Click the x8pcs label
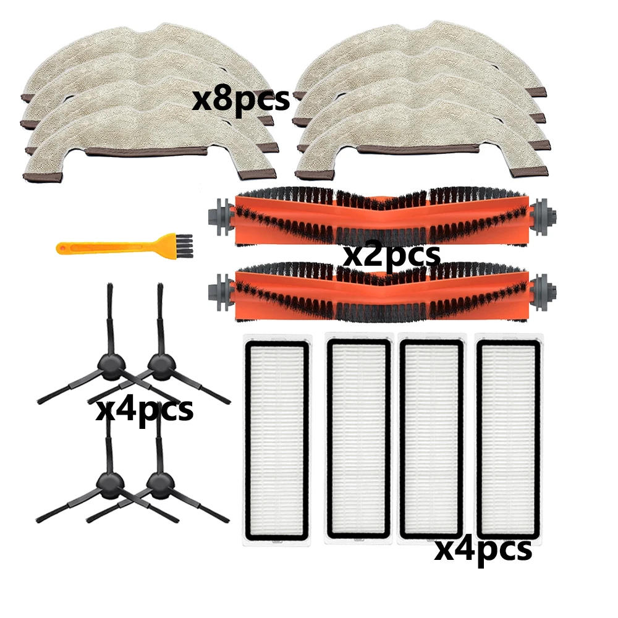[240, 99]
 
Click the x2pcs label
[391, 254]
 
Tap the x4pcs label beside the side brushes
[144, 409]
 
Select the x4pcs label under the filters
[483, 548]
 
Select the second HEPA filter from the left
[358, 439]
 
